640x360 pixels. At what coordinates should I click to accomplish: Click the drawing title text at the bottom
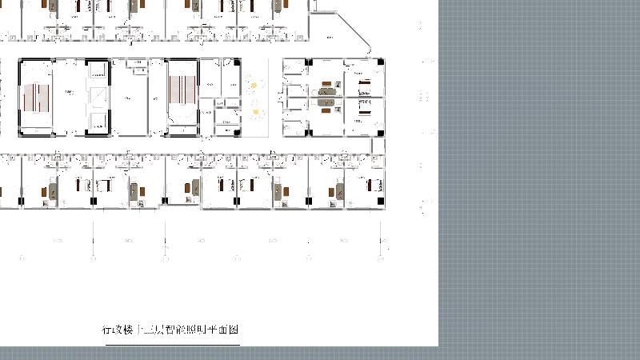(x=171, y=330)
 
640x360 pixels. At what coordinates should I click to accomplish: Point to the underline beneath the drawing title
(x=171, y=345)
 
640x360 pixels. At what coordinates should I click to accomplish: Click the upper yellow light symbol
(x=255, y=84)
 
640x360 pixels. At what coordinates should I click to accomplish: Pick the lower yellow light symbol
(x=255, y=112)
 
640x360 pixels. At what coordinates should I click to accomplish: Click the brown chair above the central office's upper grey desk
(x=326, y=83)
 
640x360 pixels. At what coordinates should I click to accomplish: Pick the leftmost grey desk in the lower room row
(x=53, y=192)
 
